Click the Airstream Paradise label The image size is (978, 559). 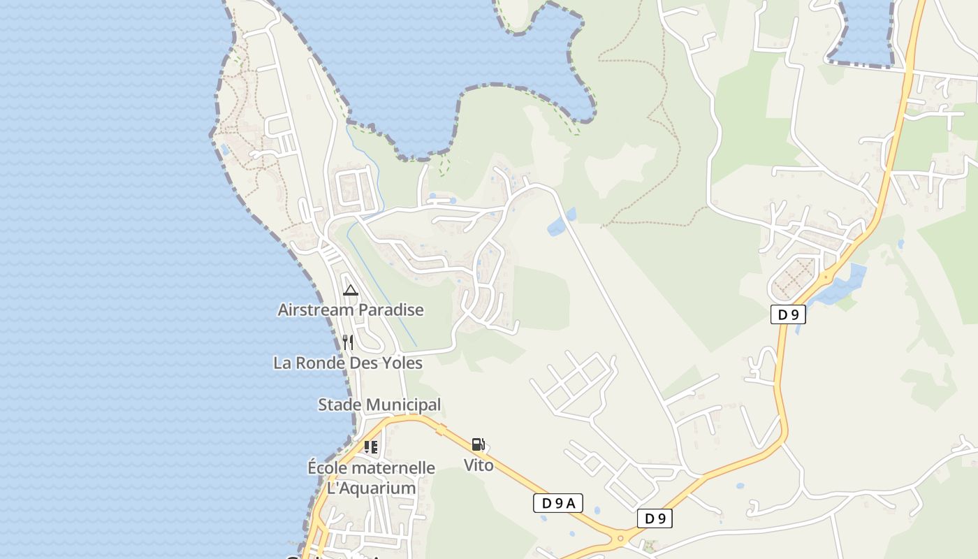click(x=351, y=310)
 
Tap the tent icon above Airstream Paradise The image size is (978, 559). click(x=351, y=290)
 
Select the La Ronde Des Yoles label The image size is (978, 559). click(x=348, y=363)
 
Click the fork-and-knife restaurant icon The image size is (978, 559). click(x=348, y=342)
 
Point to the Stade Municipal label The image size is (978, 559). click(x=379, y=405)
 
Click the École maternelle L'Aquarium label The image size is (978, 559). click(x=372, y=478)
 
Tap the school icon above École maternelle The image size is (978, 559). click(x=371, y=447)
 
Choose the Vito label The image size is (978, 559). click(x=479, y=465)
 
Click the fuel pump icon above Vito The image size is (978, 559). click(x=479, y=444)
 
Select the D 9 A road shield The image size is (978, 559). click(x=557, y=503)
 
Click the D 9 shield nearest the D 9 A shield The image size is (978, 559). click(x=655, y=518)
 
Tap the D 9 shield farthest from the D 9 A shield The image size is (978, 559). click(x=788, y=314)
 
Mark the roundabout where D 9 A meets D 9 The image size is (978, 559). click(x=620, y=538)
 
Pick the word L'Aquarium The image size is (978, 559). click(x=372, y=488)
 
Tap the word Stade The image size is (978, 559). click(x=340, y=405)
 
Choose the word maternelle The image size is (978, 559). click(x=395, y=468)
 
